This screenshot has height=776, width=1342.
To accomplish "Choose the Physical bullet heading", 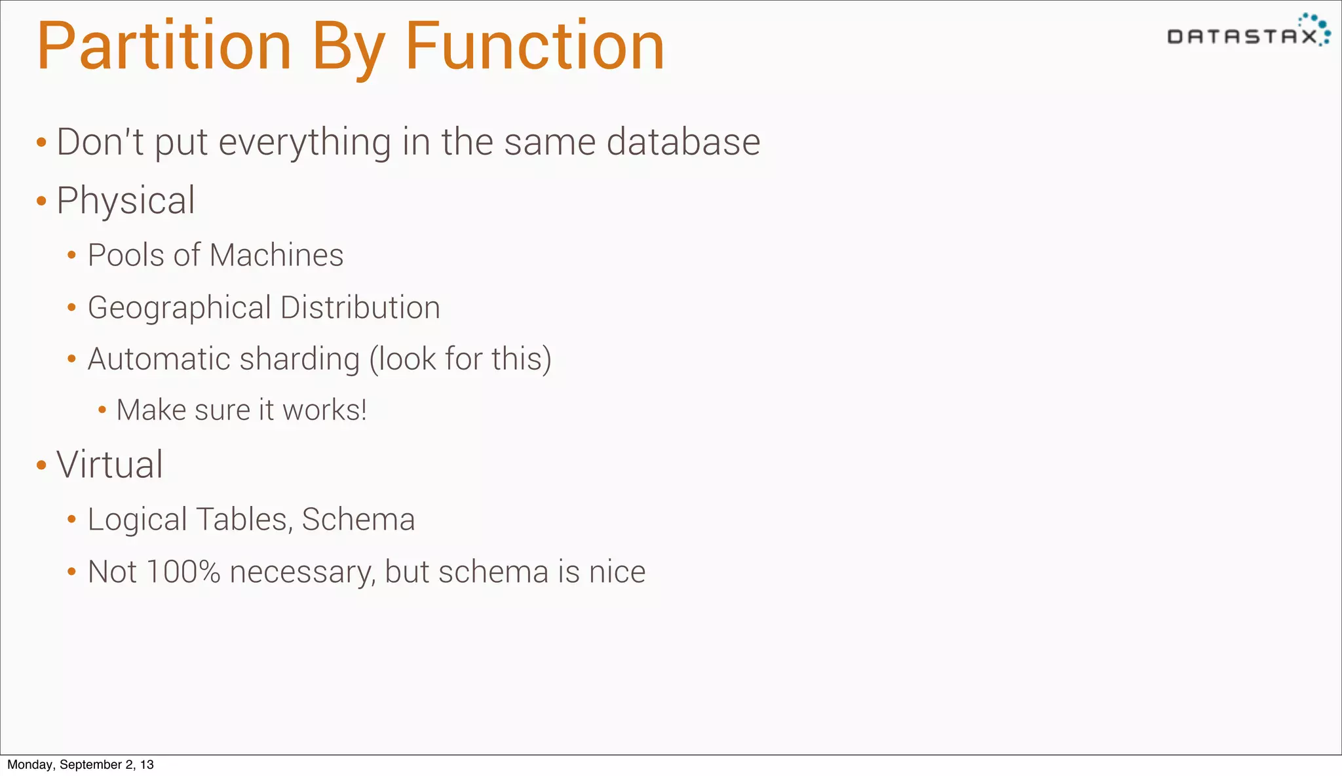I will [126, 201].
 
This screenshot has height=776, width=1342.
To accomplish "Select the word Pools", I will [125, 255].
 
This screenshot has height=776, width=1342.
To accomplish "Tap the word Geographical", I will [179, 308].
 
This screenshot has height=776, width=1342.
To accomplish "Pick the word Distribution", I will [360, 307].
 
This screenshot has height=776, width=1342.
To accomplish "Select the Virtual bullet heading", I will [109, 465].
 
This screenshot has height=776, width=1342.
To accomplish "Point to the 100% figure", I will [183, 572].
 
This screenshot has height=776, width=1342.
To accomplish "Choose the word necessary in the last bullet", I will [302, 572].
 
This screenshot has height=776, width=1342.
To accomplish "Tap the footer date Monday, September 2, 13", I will [81, 765].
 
